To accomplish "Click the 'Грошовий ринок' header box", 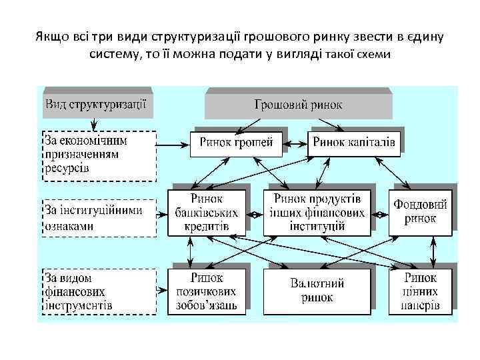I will point(298,105).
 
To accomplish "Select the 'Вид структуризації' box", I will point(96,105).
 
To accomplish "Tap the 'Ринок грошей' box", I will point(236,143).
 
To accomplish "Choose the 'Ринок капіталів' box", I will point(354,143).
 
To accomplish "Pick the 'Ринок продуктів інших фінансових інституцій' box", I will point(317,213).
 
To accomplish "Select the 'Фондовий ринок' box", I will point(420,213).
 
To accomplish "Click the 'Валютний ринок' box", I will point(317,291).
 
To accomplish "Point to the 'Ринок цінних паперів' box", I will point(420,291).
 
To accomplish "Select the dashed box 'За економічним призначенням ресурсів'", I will point(99,155).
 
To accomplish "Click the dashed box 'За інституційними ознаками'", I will point(99,217).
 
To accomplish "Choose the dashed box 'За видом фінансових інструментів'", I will point(99,291).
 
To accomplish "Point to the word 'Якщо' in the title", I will point(49,35).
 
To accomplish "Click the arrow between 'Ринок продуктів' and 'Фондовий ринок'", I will point(379,215).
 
